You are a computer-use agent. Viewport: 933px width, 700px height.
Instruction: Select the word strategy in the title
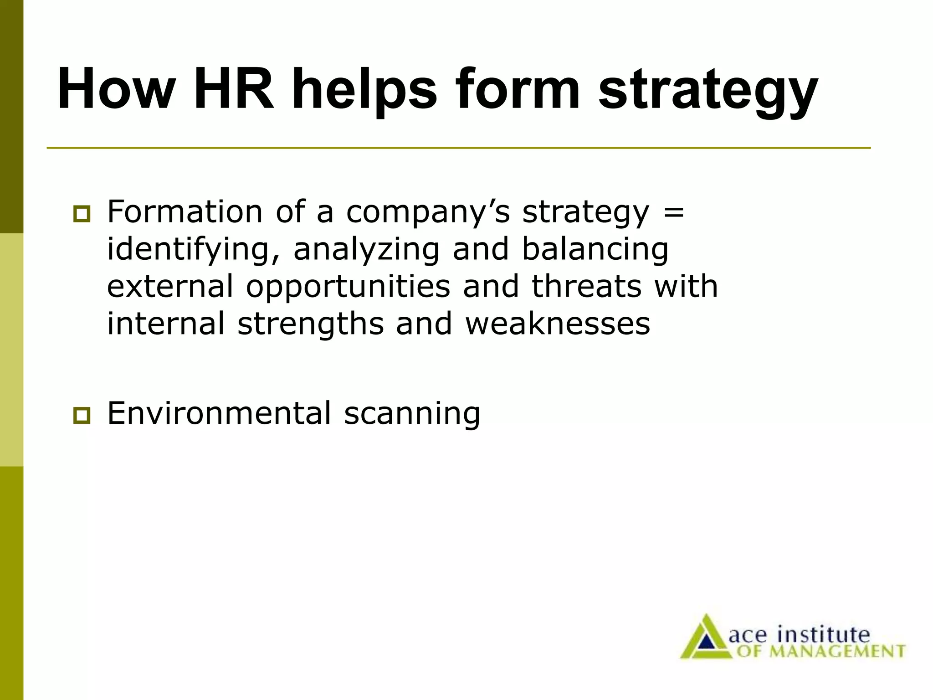pos(708,91)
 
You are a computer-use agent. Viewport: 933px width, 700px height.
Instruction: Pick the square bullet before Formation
pos(82,214)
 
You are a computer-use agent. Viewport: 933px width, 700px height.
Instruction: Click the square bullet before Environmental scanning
pos(82,415)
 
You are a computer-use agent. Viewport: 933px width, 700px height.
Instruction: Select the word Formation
pos(185,212)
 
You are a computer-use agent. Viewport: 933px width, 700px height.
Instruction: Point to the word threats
pos(586,286)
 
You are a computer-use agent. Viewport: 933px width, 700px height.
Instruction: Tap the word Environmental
pos(219,413)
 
